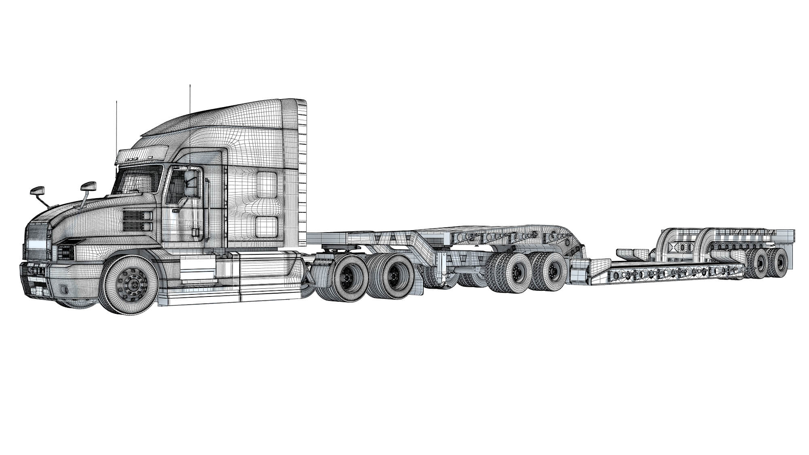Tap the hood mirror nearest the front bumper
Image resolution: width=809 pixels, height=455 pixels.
37,190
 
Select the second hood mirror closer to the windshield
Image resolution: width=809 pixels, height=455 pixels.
88,186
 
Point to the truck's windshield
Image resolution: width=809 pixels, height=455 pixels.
136,181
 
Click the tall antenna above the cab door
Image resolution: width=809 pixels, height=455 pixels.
190,121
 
